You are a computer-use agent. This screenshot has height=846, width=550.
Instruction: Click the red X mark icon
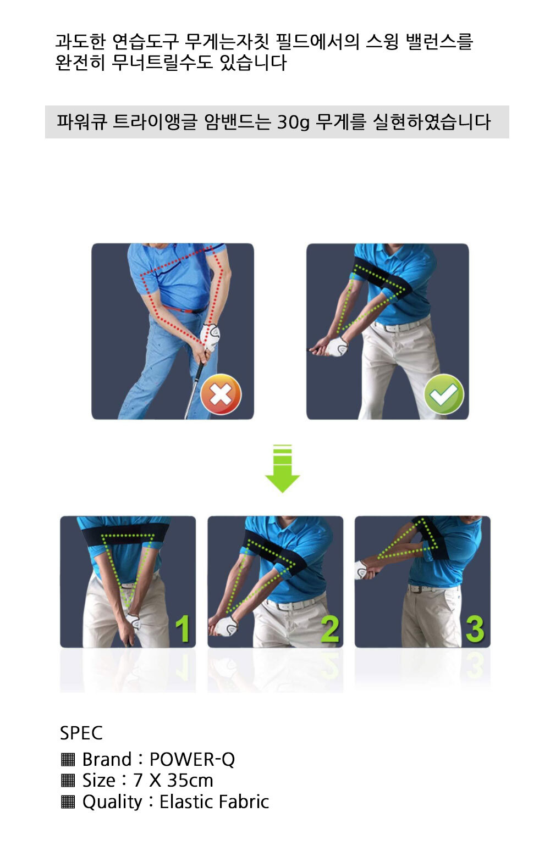221,394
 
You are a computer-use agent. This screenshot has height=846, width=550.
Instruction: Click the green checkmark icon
444,394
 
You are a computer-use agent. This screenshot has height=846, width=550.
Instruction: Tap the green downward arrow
282,468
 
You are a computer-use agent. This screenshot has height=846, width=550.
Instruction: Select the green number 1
183,628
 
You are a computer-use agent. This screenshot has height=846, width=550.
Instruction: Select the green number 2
329,629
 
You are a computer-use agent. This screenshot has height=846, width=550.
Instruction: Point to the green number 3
475,629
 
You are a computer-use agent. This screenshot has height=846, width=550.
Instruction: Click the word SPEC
81,733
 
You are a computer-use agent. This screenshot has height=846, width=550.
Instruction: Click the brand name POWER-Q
193,759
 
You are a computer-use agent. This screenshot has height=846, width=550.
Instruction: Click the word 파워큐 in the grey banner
81,121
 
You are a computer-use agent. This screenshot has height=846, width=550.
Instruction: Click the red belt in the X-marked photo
186,310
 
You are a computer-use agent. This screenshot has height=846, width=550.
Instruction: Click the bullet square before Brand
68,759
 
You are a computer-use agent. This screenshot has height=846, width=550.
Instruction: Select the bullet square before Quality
68,802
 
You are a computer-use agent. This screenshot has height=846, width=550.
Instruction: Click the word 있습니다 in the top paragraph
253,62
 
